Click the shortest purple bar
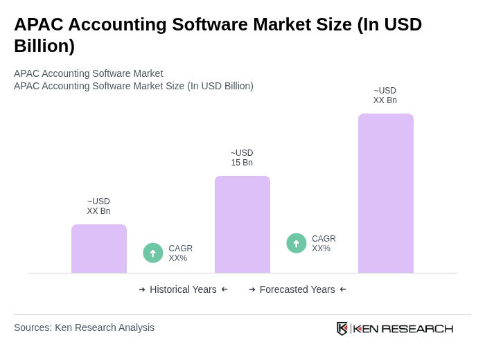pos(99,249)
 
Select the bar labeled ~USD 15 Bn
pos(242,224)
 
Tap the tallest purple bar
pos(385,193)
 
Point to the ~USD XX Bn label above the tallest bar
pos(385,96)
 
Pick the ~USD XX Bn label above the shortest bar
pos(98,206)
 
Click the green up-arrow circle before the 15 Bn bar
pos(153,253)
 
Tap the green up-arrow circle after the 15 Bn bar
pos(297,243)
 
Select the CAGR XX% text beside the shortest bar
pos(180,253)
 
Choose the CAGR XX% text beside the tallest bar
pos(324,244)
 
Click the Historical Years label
pos(183,289)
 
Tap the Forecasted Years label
pos(297,289)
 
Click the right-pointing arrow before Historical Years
pos(142,289)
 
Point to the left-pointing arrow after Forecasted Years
pos(343,289)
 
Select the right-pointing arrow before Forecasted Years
pos(252,289)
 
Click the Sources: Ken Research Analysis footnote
pos(84,327)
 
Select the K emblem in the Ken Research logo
pos(342,328)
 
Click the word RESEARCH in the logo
pos(417,329)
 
